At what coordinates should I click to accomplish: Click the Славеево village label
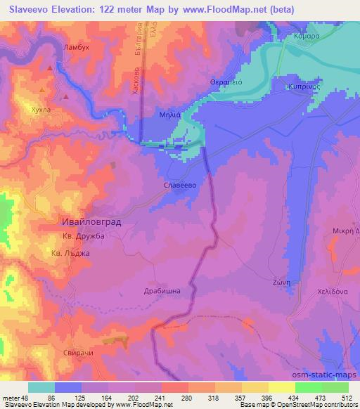(176, 186)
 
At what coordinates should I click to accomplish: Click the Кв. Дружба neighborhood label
(83, 237)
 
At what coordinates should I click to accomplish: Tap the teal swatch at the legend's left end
(41, 387)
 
